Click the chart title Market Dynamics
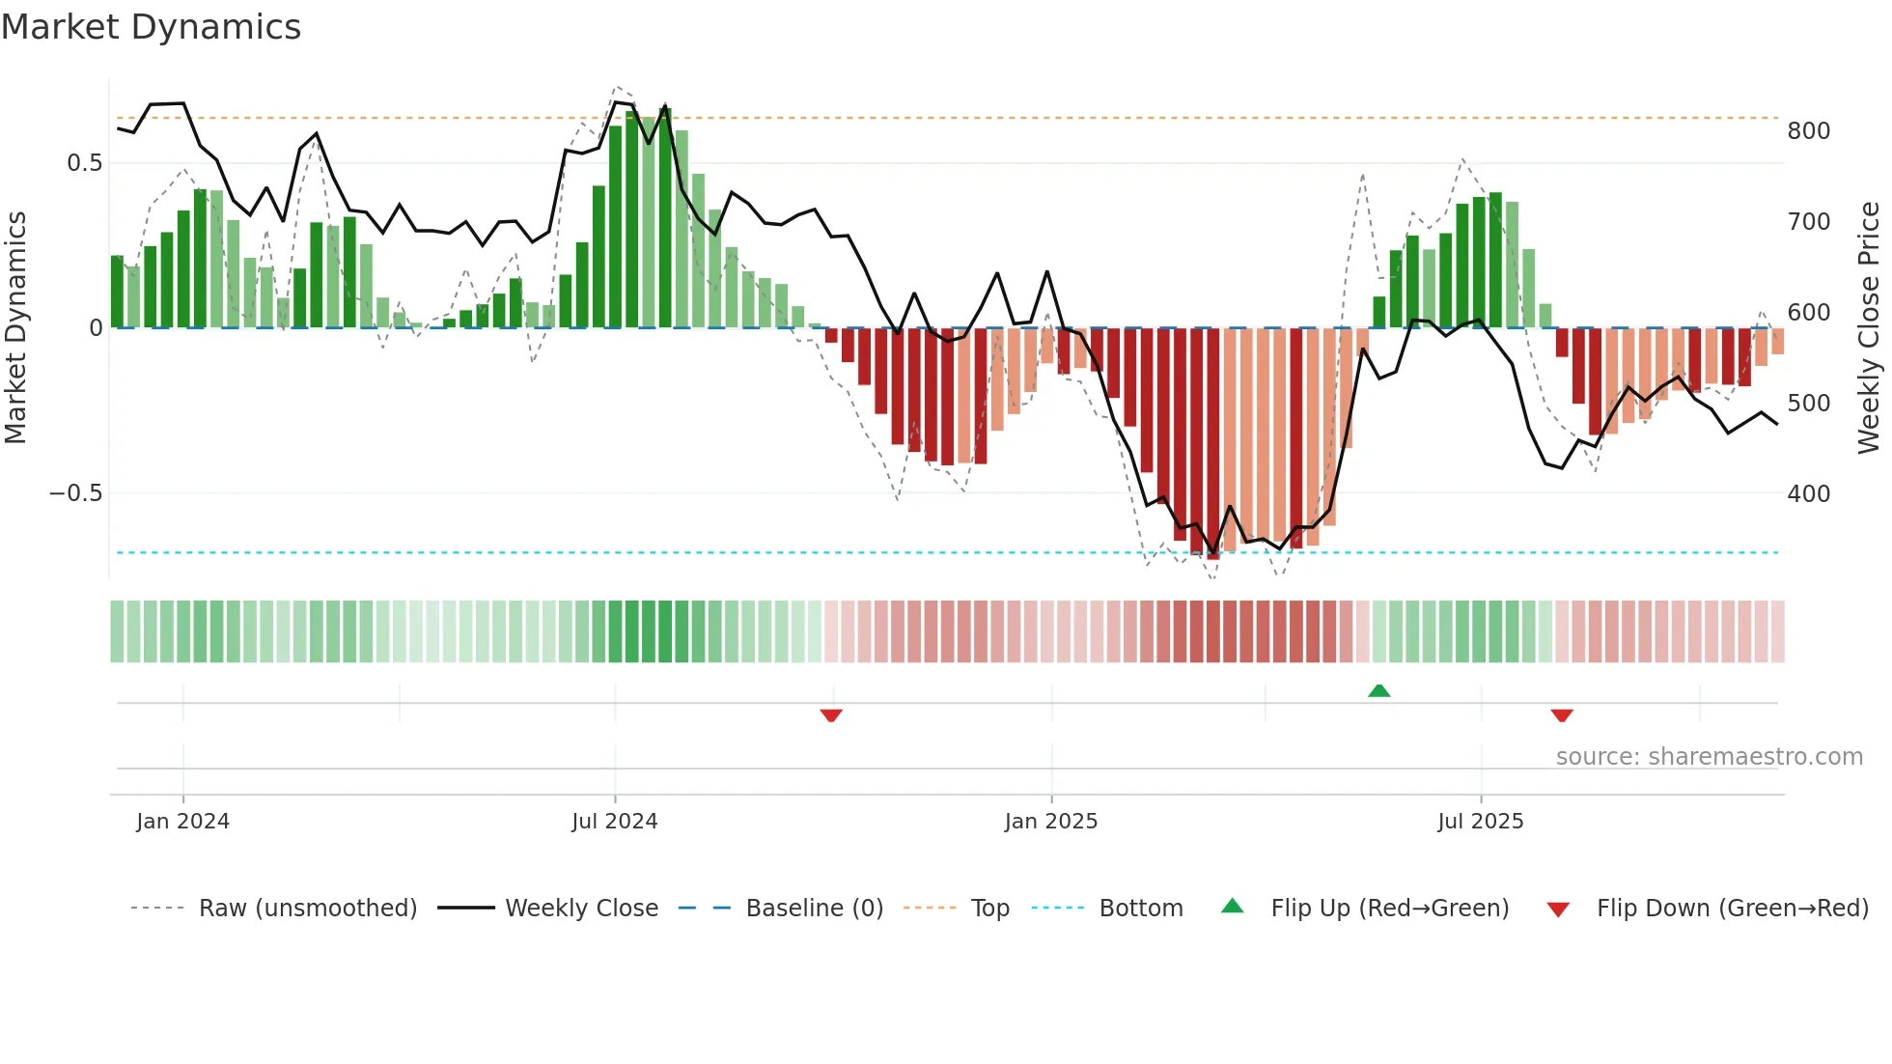[x=151, y=27]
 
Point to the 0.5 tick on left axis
[x=84, y=163]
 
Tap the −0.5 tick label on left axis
[x=75, y=493]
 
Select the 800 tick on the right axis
[x=1808, y=131]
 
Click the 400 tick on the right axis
[x=1808, y=494]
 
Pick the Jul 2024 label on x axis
[x=614, y=822]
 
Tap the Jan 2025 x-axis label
[x=1050, y=822]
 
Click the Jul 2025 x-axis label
[x=1480, y=822]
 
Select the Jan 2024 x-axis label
[x=182, y=822]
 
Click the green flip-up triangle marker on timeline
[x=1378, y=690]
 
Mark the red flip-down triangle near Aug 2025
[x=1562, y=715]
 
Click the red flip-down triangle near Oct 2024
[x=831, y=715]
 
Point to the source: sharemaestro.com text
[x=1709, y=757]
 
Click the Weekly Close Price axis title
[x=1869, y=328]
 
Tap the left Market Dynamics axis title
[x=15, y=328]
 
